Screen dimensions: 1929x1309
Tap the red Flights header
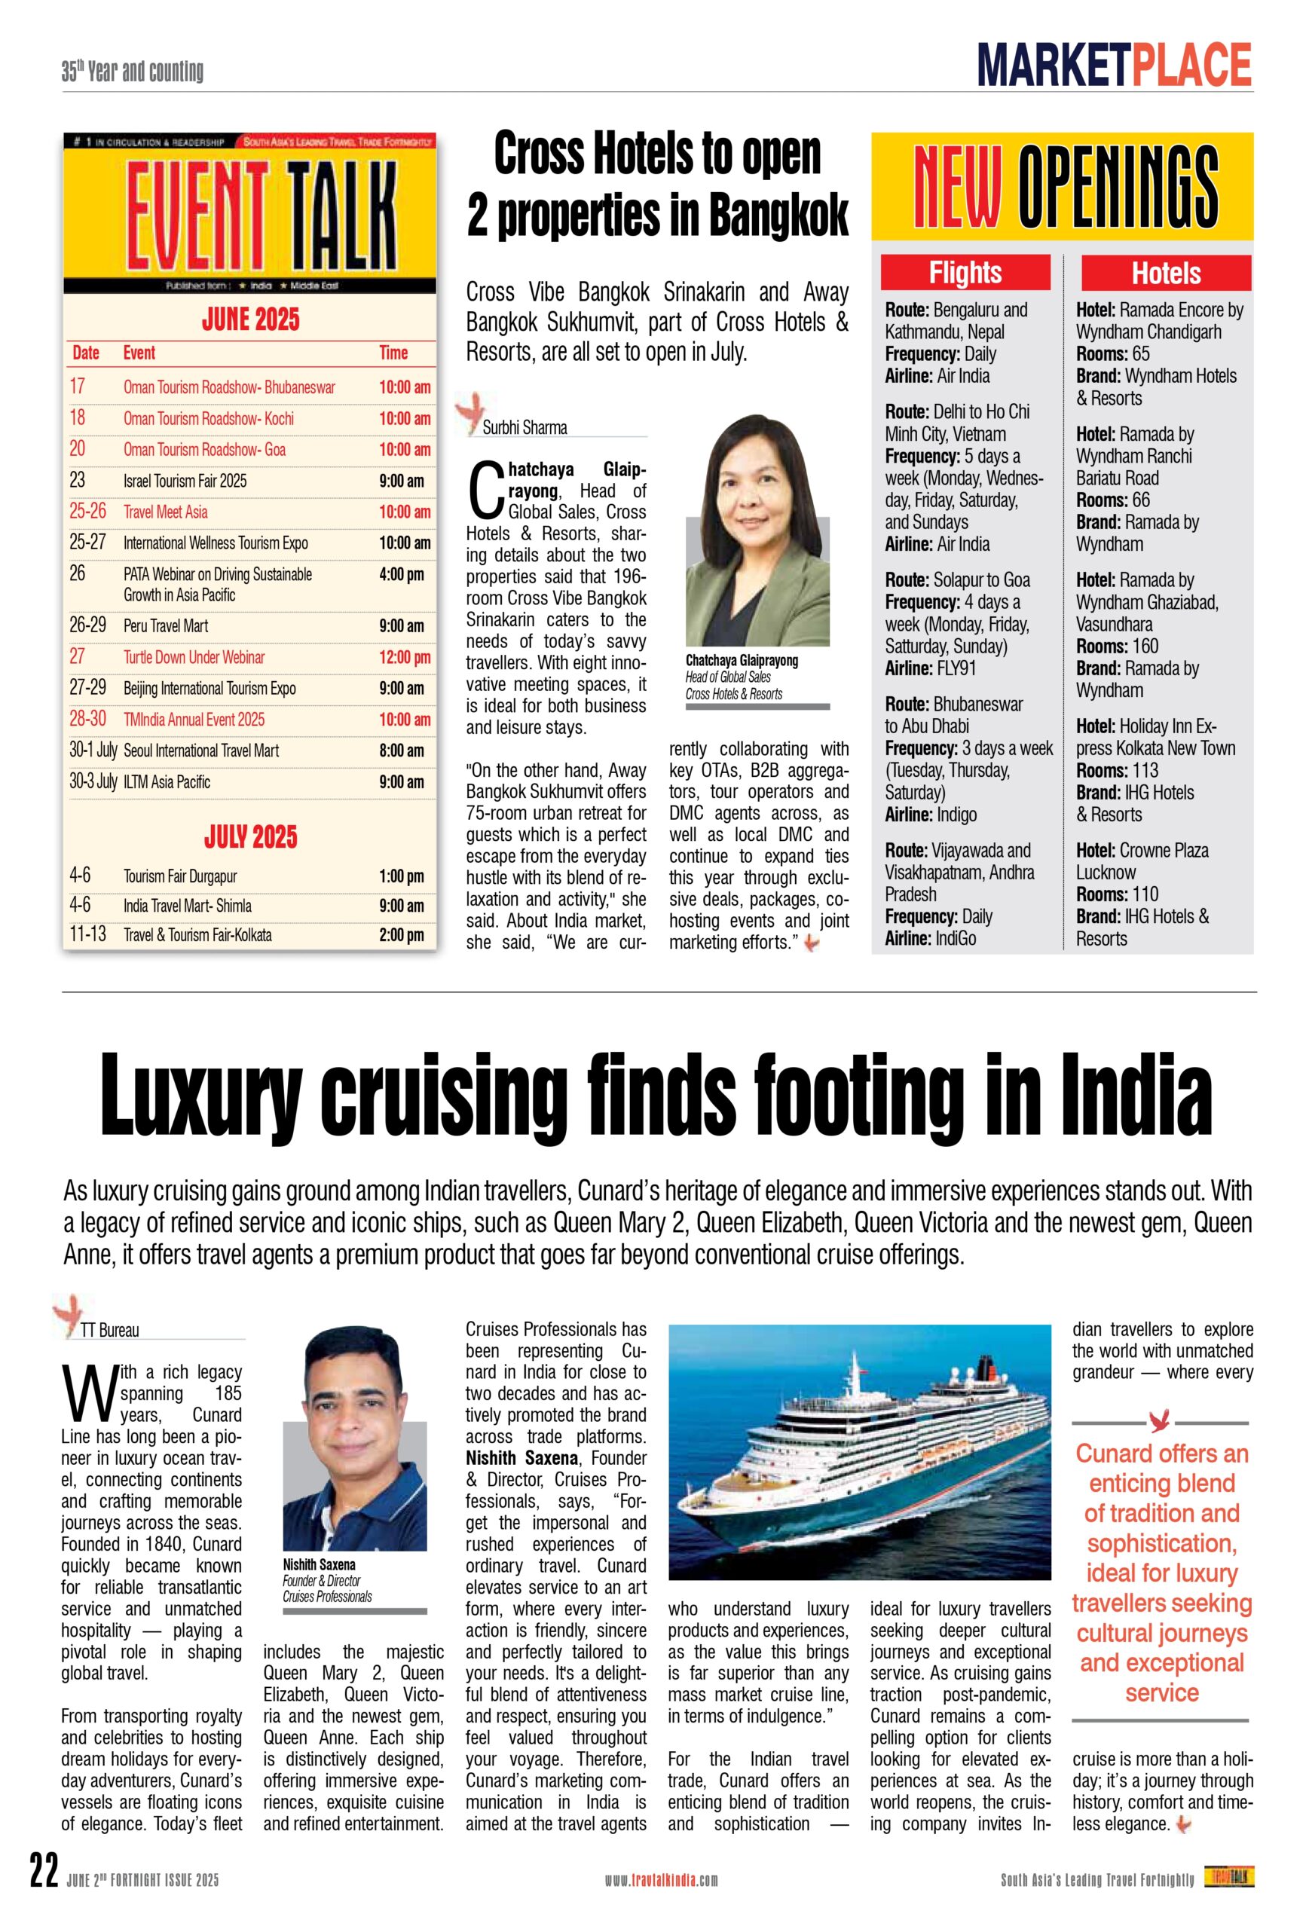point(965,273)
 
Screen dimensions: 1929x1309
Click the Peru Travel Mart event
point(166,627)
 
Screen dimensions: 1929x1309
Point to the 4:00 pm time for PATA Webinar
point(402,574)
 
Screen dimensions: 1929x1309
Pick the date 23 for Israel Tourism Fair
point(77,481)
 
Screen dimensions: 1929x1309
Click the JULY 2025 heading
point(250,836)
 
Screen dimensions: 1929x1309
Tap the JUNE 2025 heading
point(250,319)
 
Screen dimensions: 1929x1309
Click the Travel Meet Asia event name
point(165,512)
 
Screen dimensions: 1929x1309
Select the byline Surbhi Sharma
point(525,428)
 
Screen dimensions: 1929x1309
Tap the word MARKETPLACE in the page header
point(1114,66)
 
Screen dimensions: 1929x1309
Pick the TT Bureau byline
point(109,1331)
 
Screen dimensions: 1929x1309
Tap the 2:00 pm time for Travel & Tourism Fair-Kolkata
point(402,935)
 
